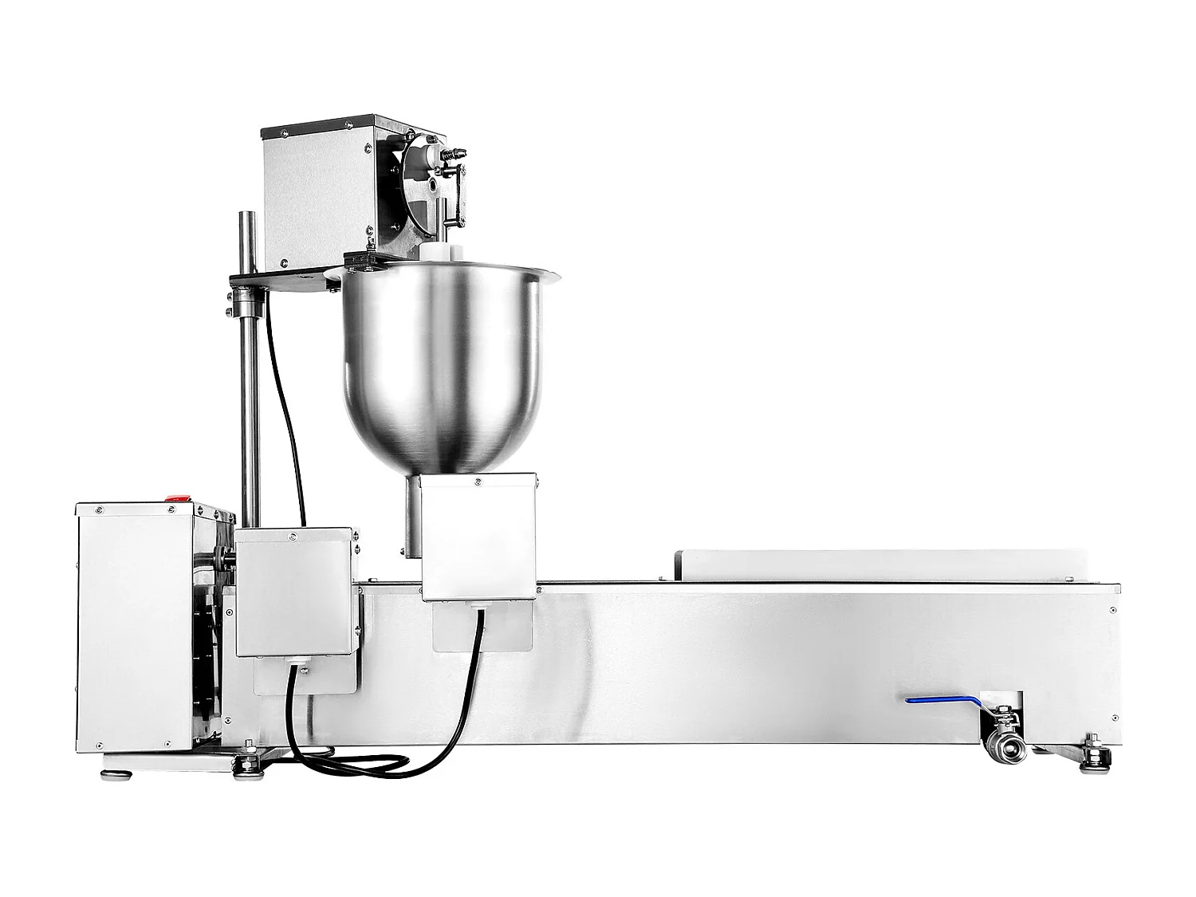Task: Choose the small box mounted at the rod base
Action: pyautogui.click(x=293, y=590)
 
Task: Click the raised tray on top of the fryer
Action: pyautogui.click(x=877, y=565)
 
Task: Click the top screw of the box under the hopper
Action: pyautogui.click(x=477, y=482)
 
